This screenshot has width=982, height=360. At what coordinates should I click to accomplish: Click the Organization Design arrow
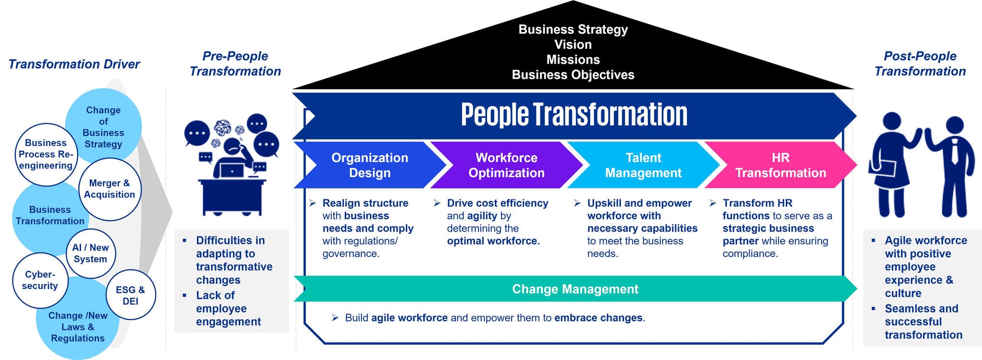[x=370, y=165]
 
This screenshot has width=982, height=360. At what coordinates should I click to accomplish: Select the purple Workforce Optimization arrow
[x=506, y=165]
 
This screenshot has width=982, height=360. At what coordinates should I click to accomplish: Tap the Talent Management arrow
[x=643, y=165]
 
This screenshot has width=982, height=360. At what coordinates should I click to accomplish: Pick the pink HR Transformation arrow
[x=781, y=165]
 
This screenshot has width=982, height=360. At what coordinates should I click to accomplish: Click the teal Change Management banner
[x=575, y=289]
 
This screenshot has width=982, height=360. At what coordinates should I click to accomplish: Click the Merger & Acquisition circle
[x=110, y=189]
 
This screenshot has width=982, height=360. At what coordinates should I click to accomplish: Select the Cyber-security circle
[x=40, y=280]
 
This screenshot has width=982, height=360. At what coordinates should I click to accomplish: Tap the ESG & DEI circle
[x=130, y=295]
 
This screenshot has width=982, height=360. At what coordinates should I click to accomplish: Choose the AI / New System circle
[x=91, y=254]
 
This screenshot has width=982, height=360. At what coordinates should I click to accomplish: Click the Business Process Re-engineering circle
[x=46, y=154]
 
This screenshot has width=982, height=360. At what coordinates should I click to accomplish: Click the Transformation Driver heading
[x=74, y=64]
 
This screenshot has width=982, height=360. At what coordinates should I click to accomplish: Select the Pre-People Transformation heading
[x=235, y=64]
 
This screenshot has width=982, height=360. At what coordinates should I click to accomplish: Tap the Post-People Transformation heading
[x=920, y=64]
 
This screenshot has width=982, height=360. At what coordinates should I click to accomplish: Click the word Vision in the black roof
[x=573, y=45]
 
